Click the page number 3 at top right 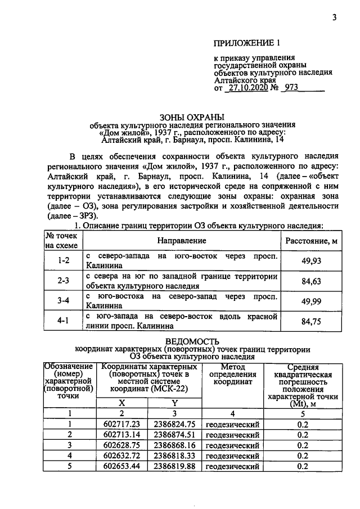[334, 17]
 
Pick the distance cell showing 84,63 [311, 281]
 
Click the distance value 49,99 [311, 301]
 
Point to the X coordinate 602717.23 [121, 425]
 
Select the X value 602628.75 [121, 445]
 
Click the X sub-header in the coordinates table [121, 403]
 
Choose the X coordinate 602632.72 [121, 456]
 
